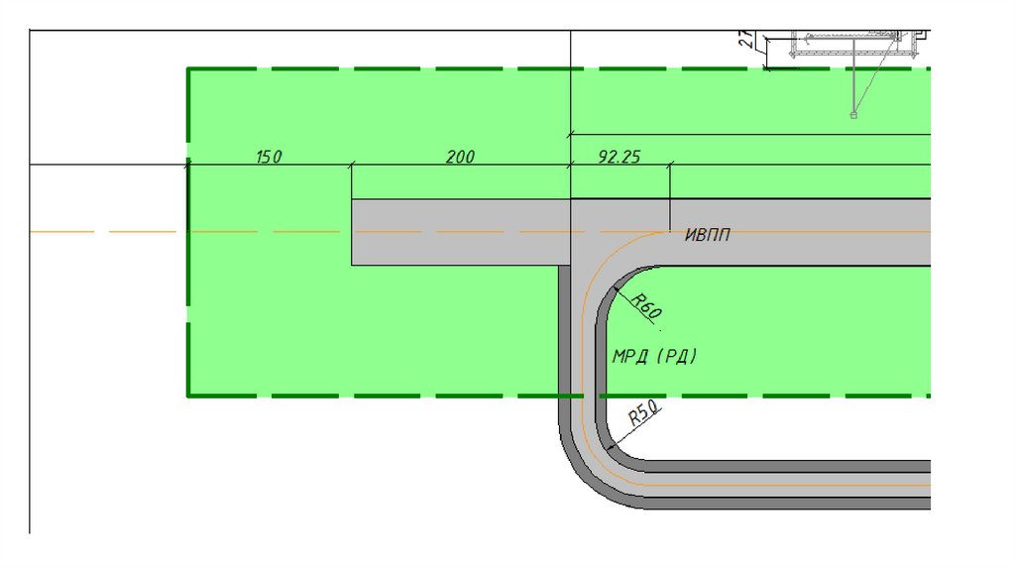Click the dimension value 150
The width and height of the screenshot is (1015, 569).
click(x=269, y=157)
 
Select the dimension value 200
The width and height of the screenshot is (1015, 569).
click(x=460, y=157)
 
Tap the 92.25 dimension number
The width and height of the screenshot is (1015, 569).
click(x=620, y=157)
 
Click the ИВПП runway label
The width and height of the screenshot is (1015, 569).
click(x=708, y=235)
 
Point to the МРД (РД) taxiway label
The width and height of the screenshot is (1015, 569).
click(x=654, y=356)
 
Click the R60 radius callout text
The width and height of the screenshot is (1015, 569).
click(x=645, y=307)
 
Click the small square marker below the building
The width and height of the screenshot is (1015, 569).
click(x=853, y=115)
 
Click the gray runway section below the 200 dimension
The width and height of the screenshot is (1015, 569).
click(x=460, y=232)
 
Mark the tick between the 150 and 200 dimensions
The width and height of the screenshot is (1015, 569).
click(x=352, y=167)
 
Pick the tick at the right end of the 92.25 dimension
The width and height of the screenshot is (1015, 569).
click(x=670, y=167)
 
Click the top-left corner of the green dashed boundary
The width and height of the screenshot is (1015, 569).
click(x=188, y=68)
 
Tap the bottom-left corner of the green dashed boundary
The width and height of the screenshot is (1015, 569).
click(x=188, y=396)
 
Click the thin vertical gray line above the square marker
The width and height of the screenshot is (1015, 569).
click(x=853, y=79)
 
